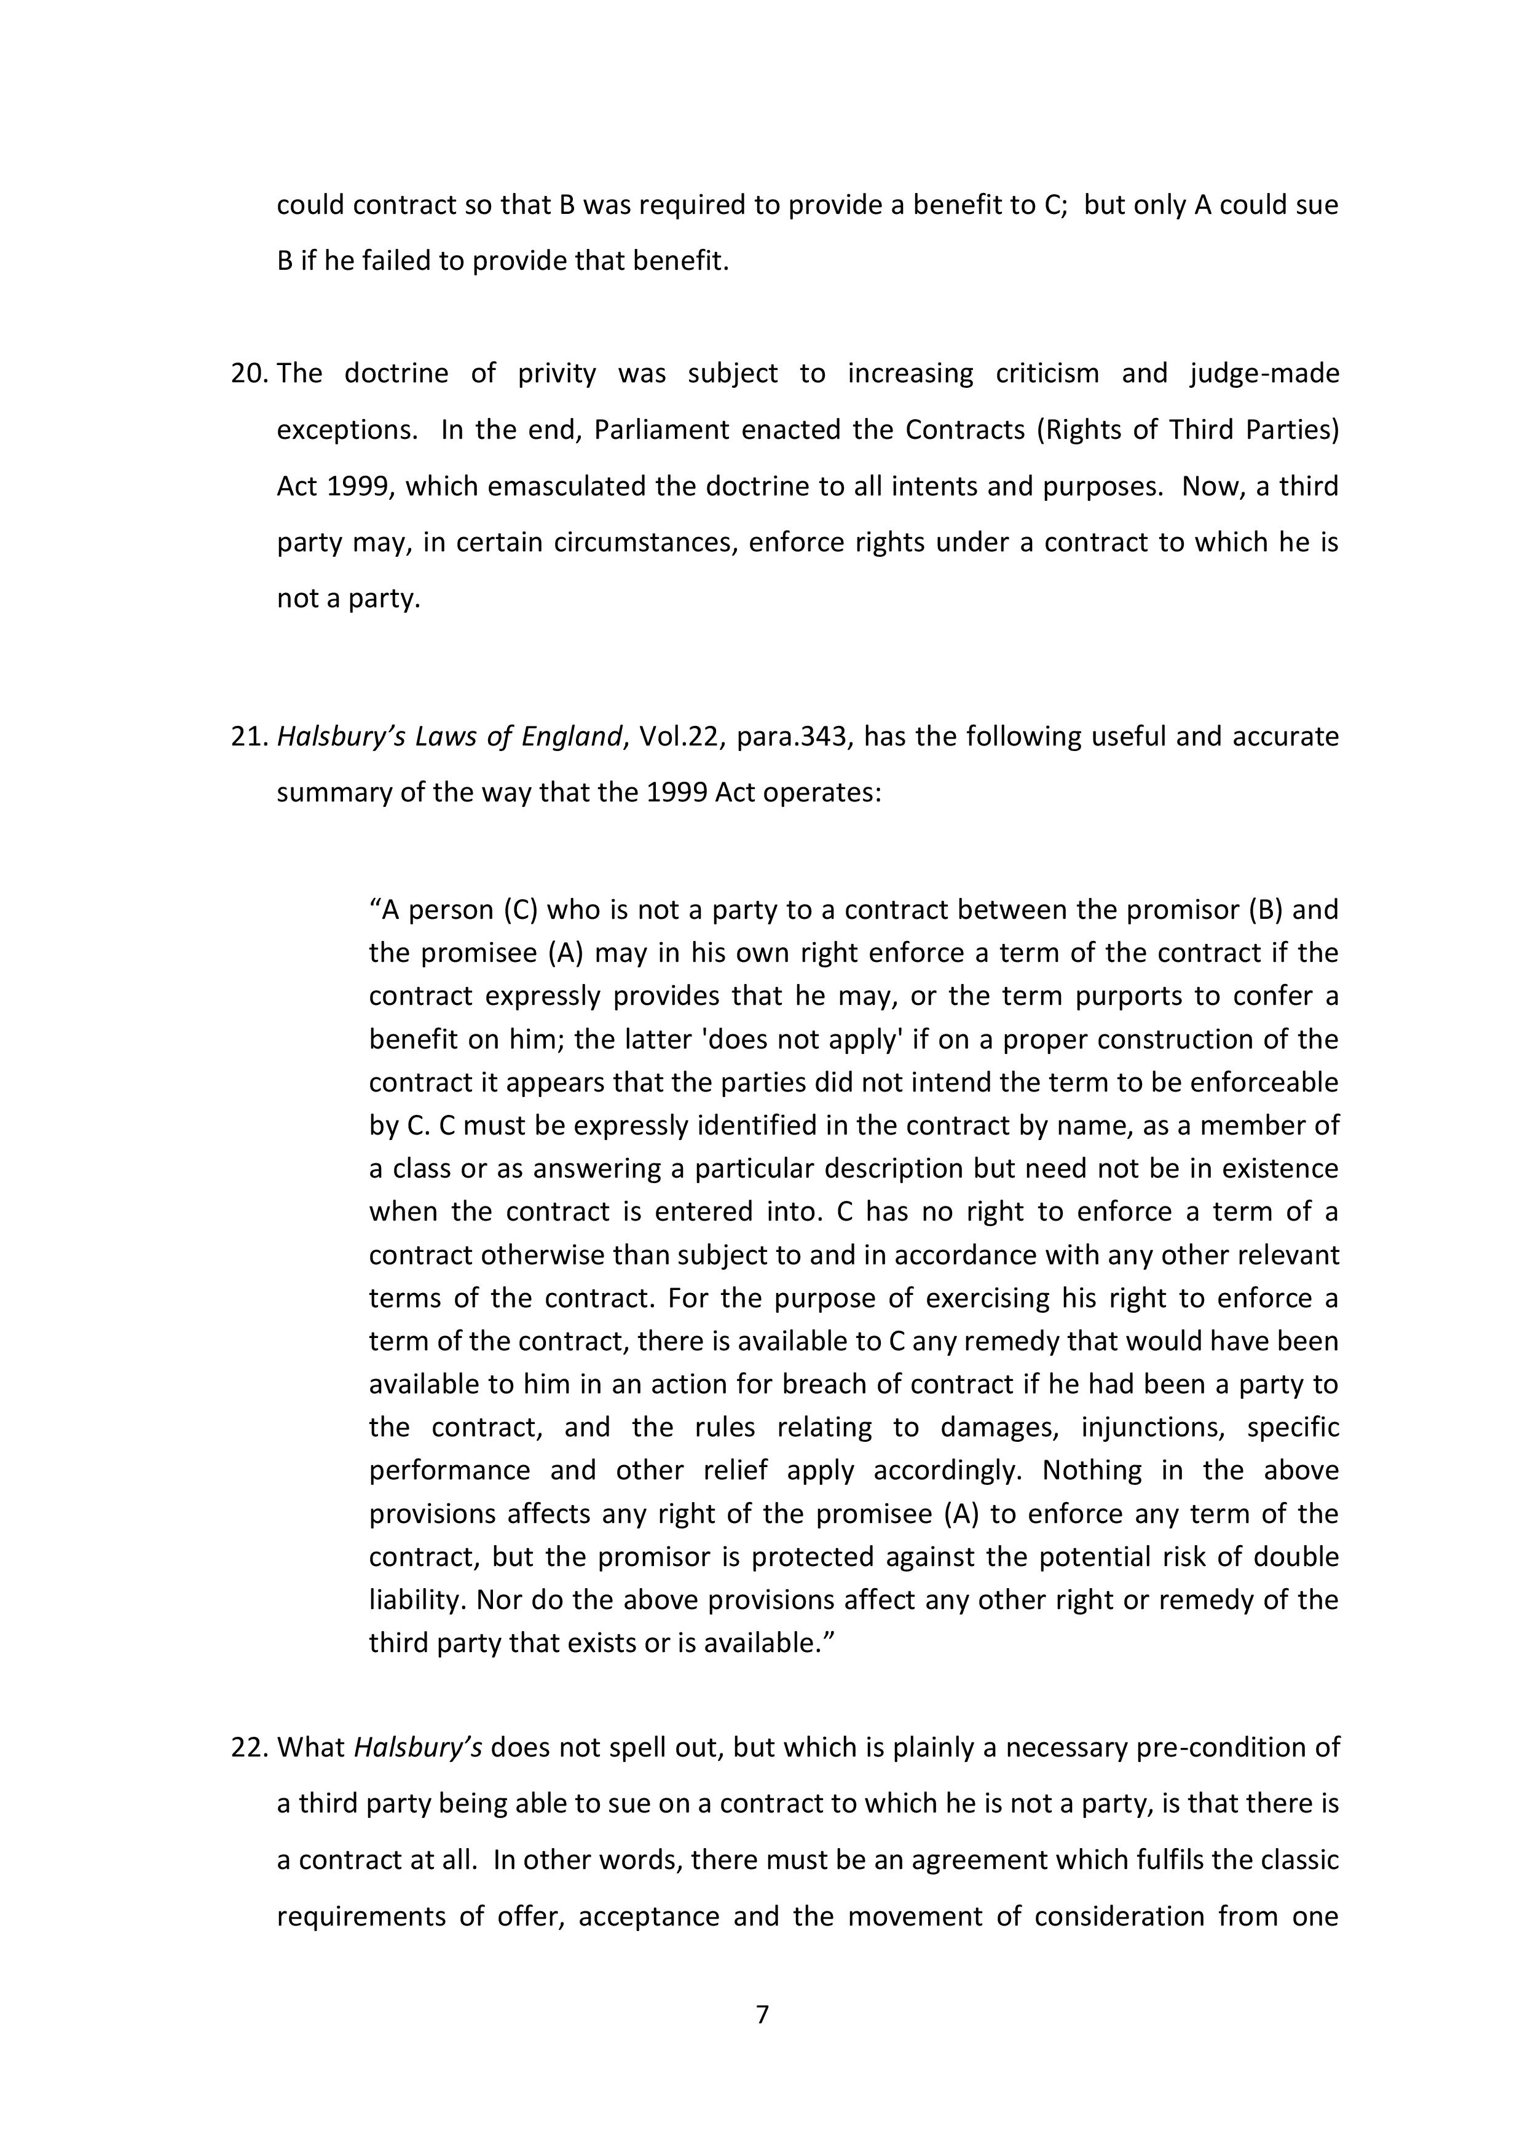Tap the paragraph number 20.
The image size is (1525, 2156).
[x=250, y=374]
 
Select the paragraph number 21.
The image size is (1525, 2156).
[x=250, y=736]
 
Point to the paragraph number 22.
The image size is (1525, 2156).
[x=250, y=1747]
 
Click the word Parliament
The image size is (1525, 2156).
[x=662, y=430]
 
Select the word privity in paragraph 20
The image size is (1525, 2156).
[x=557, y=374]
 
